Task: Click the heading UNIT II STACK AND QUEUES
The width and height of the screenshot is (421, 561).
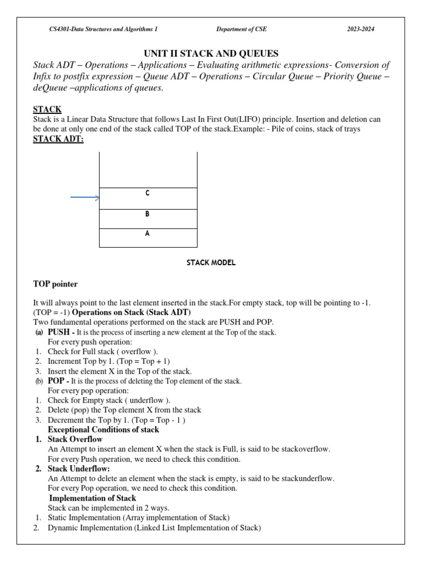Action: point(211,53)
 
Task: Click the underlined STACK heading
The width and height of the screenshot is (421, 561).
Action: point(47,110)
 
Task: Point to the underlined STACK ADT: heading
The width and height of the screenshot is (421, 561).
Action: point(58,139)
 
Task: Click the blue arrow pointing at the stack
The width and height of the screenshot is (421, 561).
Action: point(84,198)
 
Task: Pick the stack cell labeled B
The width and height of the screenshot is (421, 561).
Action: point(147,219)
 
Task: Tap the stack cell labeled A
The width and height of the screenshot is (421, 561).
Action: point(147,238)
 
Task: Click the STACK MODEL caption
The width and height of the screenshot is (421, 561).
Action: point(211,263)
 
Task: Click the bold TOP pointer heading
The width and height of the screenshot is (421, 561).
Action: point(55,284)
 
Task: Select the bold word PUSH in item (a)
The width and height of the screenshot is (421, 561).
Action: point(59,332)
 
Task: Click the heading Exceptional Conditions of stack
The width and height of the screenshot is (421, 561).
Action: point(104,430)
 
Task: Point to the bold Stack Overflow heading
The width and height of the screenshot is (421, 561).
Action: point(75,439)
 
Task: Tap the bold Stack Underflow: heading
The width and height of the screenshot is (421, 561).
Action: point(79,469)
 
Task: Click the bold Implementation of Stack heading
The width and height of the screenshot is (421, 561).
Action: point(93,498)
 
